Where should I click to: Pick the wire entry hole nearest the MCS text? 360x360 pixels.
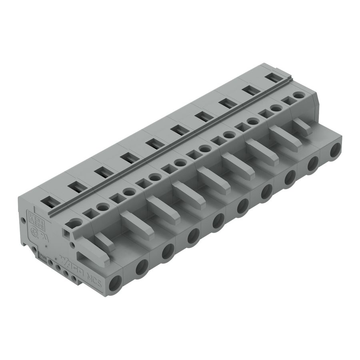pos(117,284)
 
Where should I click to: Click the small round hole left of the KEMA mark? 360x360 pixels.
pos(23,220)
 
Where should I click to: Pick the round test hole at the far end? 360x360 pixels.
pos(298,95)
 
